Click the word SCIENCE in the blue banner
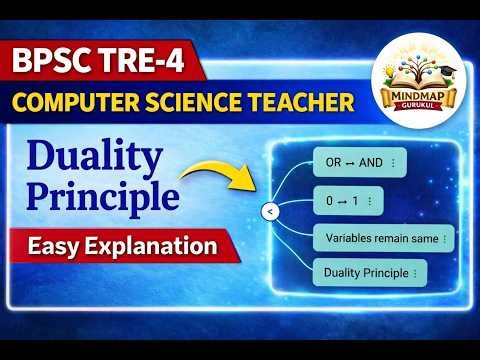(203, 102)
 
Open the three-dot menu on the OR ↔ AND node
(393, 163)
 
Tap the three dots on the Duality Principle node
(413, 271)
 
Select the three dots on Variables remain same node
(443, 239)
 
